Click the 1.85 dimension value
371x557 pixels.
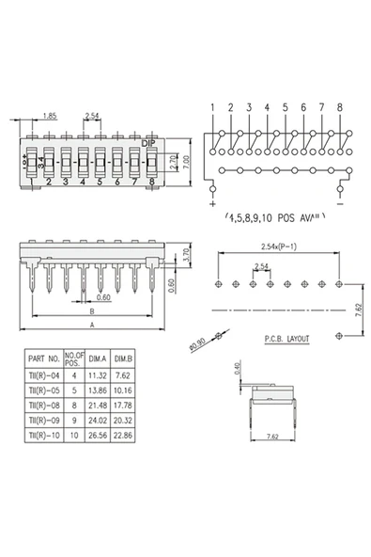point(51,116)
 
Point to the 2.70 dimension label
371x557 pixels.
point(173,161)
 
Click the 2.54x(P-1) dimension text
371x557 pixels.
point(282,247)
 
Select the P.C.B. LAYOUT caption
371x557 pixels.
point(286,336)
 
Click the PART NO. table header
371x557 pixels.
point(44,358)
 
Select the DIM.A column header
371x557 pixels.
point(99,358)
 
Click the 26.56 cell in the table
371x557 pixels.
point(99,437)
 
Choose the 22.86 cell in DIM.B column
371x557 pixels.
point(124,437)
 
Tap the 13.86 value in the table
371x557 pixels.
point(99,390)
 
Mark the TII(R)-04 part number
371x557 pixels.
point(44,374)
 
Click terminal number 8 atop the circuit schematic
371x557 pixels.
point(339,107)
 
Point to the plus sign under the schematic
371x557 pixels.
point(212,202)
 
